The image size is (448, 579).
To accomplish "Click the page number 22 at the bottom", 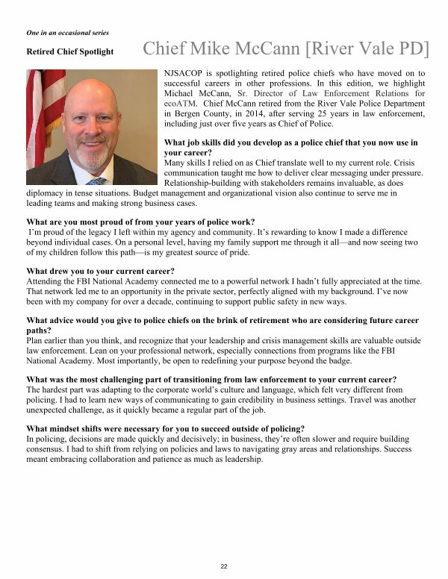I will (223, 567).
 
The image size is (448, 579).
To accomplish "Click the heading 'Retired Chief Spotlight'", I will (69, 52).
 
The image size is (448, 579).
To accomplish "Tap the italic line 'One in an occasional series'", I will (67, 34).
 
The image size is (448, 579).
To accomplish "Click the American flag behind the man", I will (35, 112).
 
